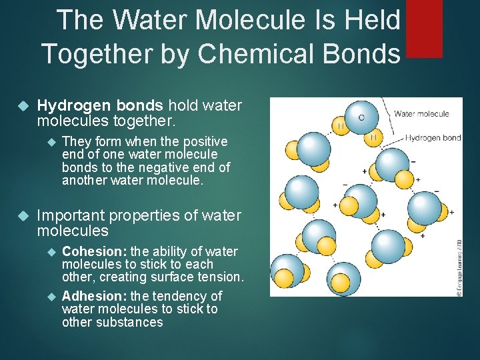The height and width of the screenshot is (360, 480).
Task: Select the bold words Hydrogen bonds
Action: click(x=100, y=106)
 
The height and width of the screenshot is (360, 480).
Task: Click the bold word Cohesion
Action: click(x=94, y=251)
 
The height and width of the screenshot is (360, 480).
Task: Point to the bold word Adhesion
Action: click(x=95, y=296)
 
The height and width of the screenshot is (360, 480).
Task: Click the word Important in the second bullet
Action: click(x=71, y=215)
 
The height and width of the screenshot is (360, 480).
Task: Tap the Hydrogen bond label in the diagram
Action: click(x=433, y=138)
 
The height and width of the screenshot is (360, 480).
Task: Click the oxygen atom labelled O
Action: click(x=361, y=118)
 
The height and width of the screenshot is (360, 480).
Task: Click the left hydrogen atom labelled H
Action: click(x=341, y=127)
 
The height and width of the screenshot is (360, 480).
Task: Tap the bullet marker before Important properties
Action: click(x=23, y=216)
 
